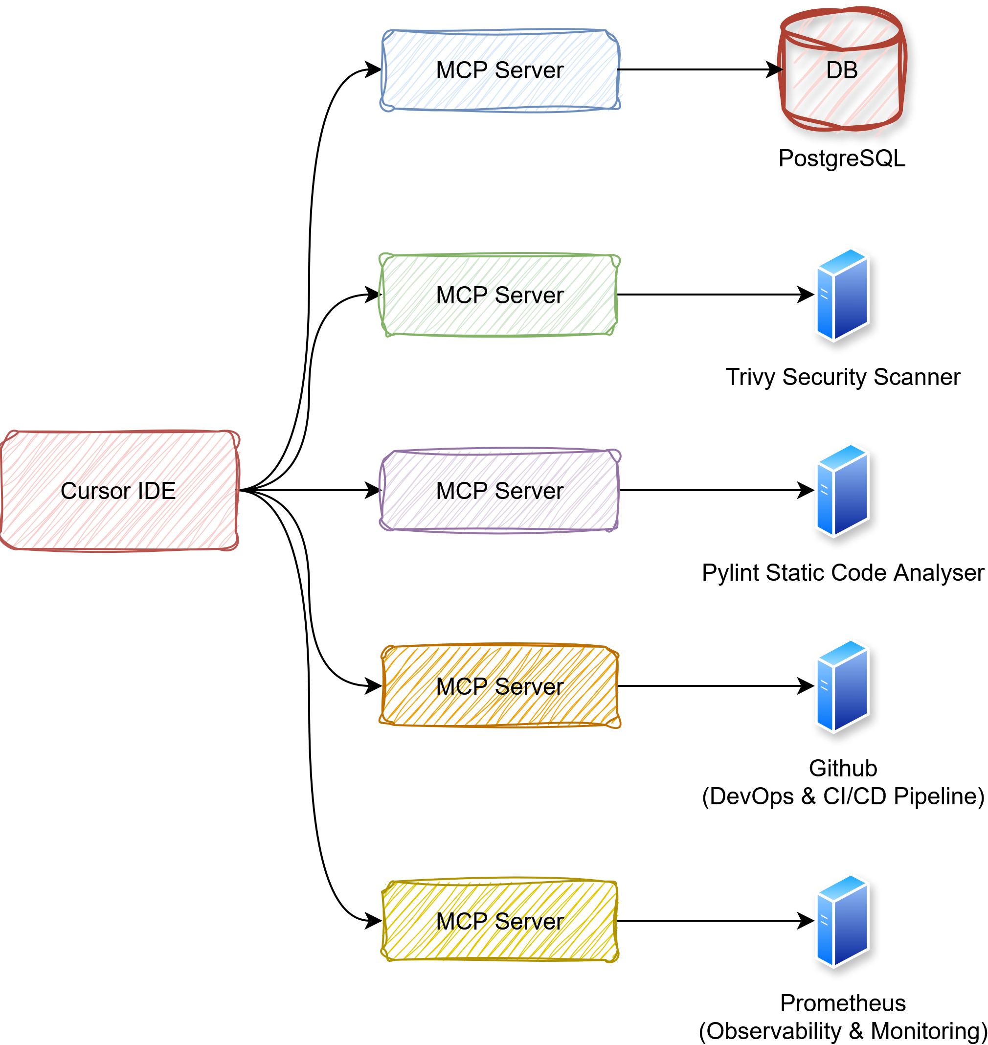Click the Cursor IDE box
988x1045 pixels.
click(x=119, y=491)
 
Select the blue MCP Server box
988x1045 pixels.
click(x=500, y=70)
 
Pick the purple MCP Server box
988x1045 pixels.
click(x=499, y=491)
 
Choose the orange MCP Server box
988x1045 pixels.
click(x=499, y=686)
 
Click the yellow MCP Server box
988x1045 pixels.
click(x=499, y=921)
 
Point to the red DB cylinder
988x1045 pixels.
click(x=842, y=70)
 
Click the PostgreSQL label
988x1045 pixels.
click(x=842, y=159)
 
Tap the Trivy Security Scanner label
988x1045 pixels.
click(x=843, y=377)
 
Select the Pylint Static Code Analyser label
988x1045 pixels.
click(x=843, y=572)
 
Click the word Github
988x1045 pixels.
click(x=843, y=769)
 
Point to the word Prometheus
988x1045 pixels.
click(x=843, y=1003)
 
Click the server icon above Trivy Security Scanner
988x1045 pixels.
click(x=842, y=295)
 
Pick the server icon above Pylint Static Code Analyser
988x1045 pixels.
click(x=842, y=491)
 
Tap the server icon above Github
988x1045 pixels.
click(x=842, y=686)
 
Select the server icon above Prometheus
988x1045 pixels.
click(x=842, y=921)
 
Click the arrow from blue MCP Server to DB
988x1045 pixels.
click(x=695, y=69)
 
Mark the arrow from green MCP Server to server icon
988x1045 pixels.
click(x=711, y=295)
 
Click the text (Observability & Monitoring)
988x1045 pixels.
click(x=843, y=1031)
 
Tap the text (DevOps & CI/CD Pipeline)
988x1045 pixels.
click(x=843, y=796)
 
